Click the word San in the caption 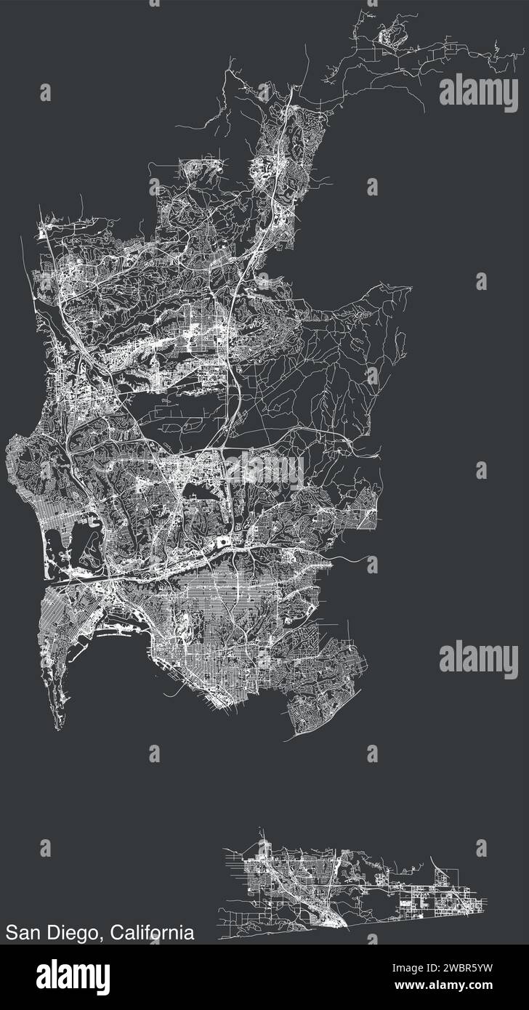(x=25, y=932)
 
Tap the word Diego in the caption (x=73, y=932)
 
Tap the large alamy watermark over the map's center (x=264, y=469)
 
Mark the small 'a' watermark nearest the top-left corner (x=45, y=92)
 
